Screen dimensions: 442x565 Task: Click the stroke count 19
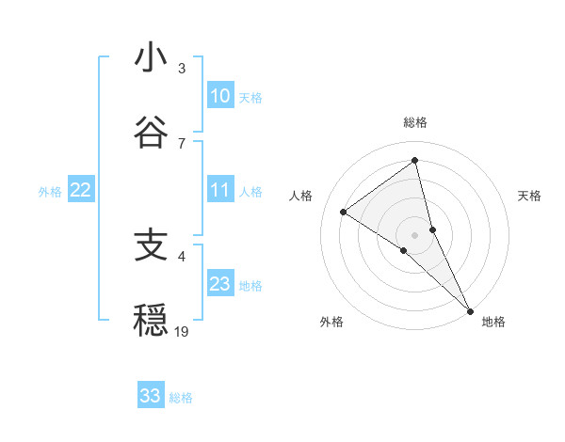coord(182,331)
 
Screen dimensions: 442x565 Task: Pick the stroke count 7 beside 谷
coord(182,143)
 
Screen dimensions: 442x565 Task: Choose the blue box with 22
coord(81,190)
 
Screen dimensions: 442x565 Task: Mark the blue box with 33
coord(151,396)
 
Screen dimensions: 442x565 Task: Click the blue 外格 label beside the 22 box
coord(50,191)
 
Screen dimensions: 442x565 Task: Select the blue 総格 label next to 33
coord(181,397)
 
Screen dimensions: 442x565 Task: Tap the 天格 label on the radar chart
coord(529,196)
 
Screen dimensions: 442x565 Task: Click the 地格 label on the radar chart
coord(493,322)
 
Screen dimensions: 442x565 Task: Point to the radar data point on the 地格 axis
coord(469,308)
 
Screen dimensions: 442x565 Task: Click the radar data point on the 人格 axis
coord(344,212)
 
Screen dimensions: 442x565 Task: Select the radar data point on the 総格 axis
coord(414,160)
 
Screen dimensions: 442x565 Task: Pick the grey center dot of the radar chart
coord(414,234)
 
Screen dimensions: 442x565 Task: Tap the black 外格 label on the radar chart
coord(331,322)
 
